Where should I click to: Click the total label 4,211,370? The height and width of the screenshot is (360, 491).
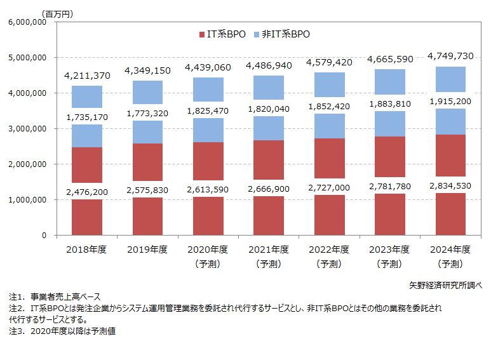[x=88, y=76]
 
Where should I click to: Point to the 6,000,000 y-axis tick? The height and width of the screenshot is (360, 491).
[x=25, y=22]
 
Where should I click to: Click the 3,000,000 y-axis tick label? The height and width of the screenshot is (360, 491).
[x=25, y=129]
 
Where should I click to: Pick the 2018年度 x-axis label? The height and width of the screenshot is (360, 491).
[x=88, y=248]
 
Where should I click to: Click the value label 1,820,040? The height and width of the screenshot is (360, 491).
[x=269, y=109]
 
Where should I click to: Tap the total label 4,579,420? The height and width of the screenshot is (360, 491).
[x=329, y=62]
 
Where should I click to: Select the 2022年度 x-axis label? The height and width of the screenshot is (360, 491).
[x=329, y=248]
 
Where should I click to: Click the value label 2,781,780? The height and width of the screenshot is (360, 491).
[x=390, y=186]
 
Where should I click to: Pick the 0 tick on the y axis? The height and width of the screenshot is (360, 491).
[x=44, y=236]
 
